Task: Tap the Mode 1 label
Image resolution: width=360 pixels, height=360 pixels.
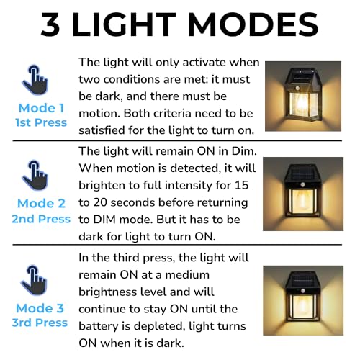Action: click(x=41, y=107)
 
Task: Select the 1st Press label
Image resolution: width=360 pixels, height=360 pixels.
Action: click(x=40, y=122)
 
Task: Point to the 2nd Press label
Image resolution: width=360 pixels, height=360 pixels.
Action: click(x=41, y=218)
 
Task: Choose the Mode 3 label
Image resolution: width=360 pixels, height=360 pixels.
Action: click(x=41, y=308)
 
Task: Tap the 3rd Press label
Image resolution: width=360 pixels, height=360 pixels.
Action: click(x=40, y=323)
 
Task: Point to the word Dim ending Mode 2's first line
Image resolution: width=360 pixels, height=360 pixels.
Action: click(x=243, y=151)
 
